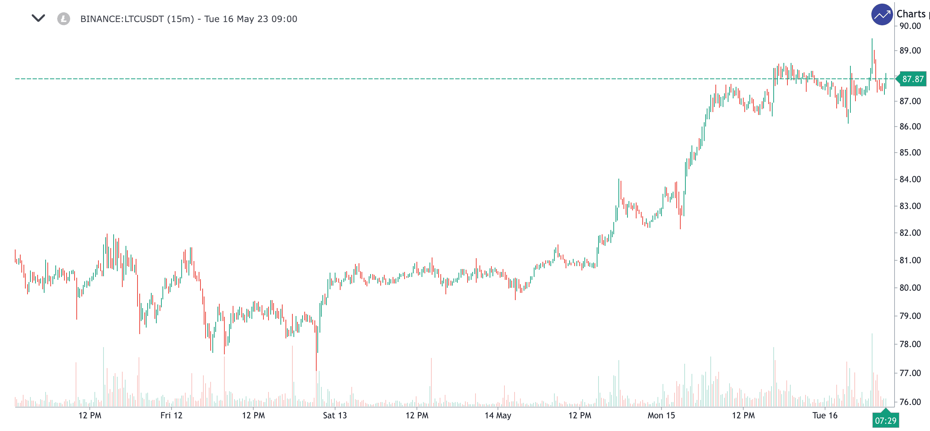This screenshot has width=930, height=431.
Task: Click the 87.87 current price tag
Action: tap(912, 79)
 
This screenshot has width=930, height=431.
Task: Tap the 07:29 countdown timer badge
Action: tap(885, 421)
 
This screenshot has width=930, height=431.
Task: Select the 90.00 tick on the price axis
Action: tap(910, 26)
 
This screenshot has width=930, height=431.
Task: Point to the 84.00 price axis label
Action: tap(910, 179)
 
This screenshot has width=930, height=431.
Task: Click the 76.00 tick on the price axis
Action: tap(910, 402)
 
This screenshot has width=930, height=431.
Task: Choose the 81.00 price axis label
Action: tap(910, 260)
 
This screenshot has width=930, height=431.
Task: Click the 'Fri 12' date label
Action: tap(171, 415)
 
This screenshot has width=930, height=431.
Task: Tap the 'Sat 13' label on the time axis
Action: tap(335, 415)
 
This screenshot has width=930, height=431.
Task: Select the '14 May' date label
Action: tap(498, 415)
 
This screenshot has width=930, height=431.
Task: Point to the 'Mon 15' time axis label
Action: tap(661, 415)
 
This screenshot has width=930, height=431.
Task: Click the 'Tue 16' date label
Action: tap(825, 415)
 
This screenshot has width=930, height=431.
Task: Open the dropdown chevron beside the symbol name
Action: tap(38, 18)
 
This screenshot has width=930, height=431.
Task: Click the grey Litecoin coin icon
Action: tap(64, 19)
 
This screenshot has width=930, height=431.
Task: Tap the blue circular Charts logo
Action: tap(882, 14)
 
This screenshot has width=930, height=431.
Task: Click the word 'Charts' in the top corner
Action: tap(911, 14)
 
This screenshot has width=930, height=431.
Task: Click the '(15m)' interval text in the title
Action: tap(181, 19)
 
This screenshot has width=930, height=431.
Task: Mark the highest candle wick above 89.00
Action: tap(872, 39)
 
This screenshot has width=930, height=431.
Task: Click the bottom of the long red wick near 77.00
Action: tap(316, 370)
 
